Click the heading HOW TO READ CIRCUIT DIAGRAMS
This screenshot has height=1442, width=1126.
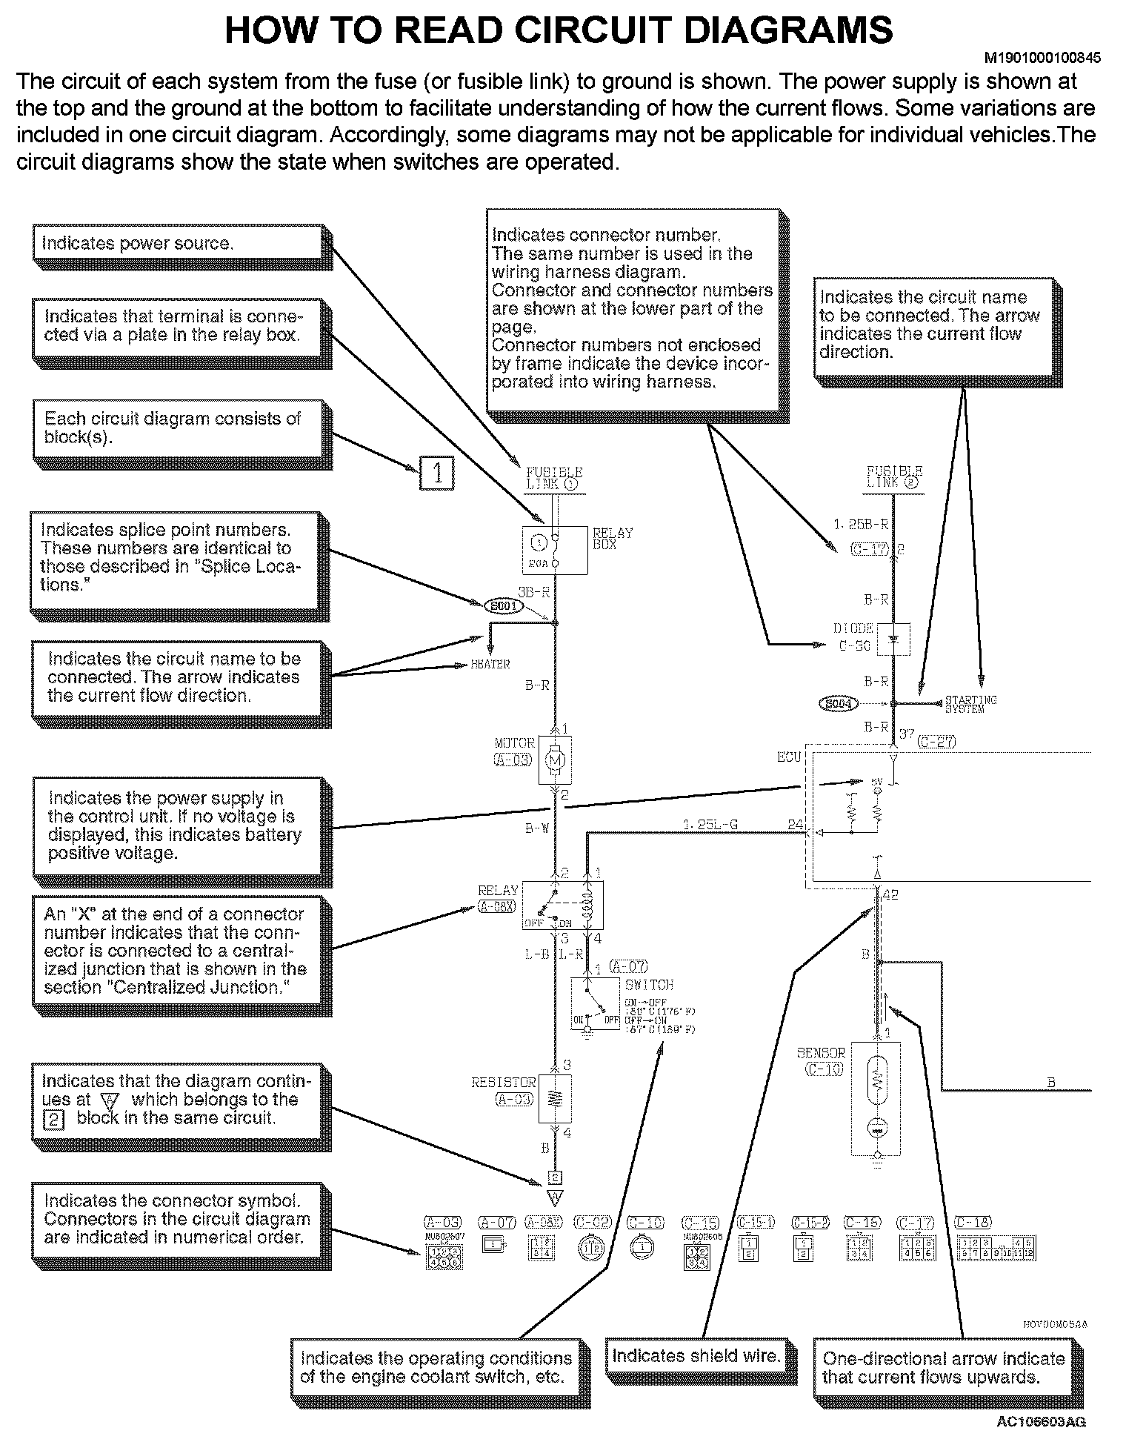(x=559, y=30)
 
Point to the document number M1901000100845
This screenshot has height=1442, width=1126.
(x=1042, y=57)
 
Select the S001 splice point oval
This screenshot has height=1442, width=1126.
(x=504, y=606)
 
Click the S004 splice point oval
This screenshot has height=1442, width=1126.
(x=838, y=703)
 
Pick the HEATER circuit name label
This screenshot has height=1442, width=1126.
(x=490, y=665)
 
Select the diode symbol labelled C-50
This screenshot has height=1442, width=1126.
(x=893, y=639)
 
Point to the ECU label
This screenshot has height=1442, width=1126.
(x=789, y=757)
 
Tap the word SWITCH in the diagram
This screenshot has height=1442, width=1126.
(x=649, y=985)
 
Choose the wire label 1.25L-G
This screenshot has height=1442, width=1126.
(x=710, y=824)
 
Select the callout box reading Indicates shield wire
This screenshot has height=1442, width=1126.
(x=696, y=1356)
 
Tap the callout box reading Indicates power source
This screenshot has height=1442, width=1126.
(x=178, y=243)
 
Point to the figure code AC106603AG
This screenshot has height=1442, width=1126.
(x=1042, y=1421)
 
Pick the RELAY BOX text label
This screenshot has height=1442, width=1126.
(x=613, y=537)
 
